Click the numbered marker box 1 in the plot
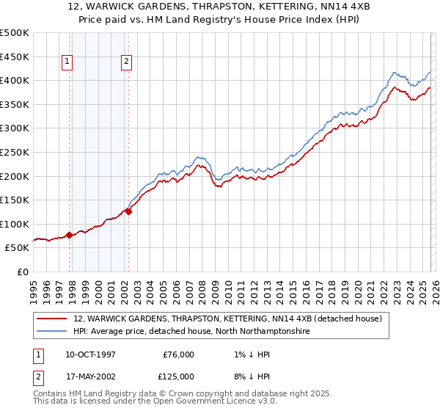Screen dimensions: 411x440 67,62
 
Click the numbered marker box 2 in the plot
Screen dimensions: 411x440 126,62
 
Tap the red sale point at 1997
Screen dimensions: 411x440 70,236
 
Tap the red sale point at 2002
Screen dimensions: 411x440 128,211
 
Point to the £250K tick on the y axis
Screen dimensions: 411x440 15,152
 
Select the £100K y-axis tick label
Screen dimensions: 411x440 15,224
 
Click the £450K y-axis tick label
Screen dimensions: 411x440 15,57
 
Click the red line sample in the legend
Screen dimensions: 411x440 52,319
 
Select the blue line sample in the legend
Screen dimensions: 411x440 52,332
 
